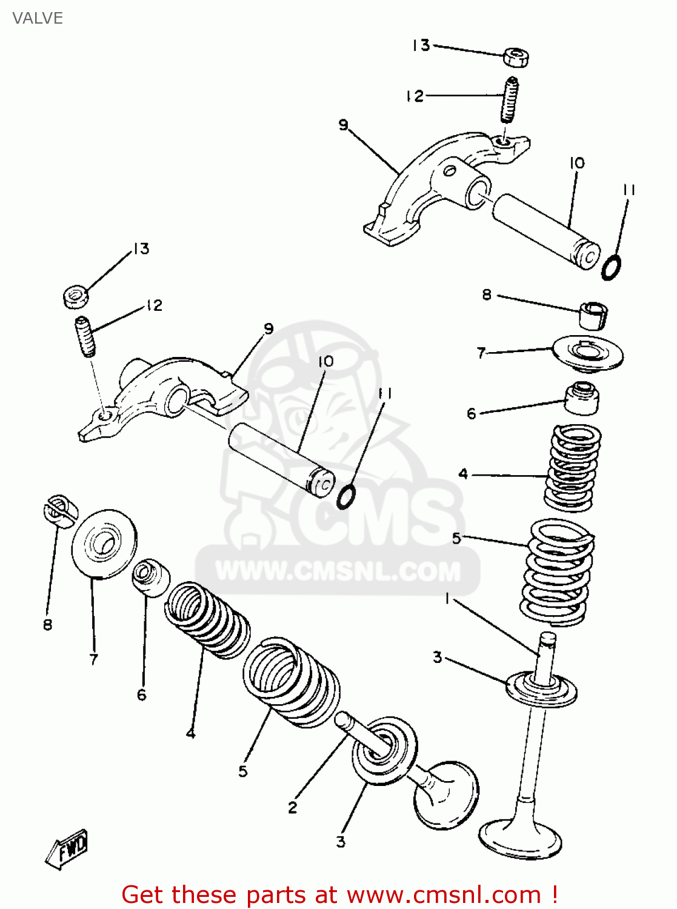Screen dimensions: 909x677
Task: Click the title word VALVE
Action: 38,18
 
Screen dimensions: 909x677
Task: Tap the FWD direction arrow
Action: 67,848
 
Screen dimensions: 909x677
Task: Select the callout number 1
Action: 447,599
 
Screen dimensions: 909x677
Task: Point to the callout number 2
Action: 293,807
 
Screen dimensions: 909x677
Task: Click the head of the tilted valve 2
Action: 446,794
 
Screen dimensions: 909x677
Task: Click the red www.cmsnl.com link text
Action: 444,894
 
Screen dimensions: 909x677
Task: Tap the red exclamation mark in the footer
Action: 554,894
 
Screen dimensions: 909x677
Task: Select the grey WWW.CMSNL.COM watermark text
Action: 338,571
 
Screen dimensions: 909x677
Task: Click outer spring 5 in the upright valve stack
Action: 556,573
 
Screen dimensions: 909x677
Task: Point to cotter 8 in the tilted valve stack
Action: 59,509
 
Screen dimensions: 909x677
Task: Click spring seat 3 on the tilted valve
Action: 384,751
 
